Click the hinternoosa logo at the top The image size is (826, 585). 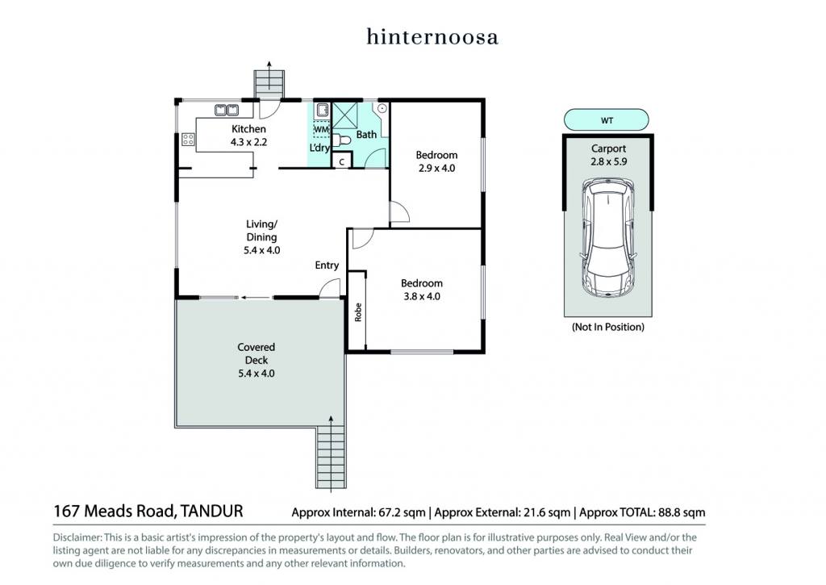(x=432, y=37)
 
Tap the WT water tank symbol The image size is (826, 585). (x=607, y=120)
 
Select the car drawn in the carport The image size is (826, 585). (x=607, y=238)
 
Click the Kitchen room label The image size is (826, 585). (x=248, y=128)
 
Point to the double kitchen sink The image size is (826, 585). (x=227, y=111)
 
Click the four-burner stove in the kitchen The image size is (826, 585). (x=188, y=139)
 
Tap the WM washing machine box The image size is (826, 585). (x=321, y=129)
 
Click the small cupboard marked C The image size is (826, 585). (x=342, y=162)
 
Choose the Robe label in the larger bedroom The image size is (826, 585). (x=358, y=312)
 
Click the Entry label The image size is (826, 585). (x=327, y=265)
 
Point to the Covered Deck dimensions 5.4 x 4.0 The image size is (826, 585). (x=256, y=373)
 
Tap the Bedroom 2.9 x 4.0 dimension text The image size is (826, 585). (x=436, y=168)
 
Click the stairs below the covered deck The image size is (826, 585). (x=331, y=457)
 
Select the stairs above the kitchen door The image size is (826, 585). (x=269, y=84)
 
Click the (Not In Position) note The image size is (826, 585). (x=608, y=327)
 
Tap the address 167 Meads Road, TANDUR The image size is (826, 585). (x=148, y=512)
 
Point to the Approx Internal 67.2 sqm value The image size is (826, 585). (x=358, y=512)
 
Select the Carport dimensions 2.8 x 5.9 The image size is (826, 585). (x=608, y=162)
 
